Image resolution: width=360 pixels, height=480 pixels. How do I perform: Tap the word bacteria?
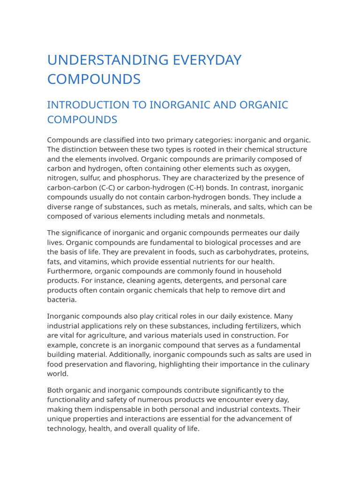pyautogui.click(x=61, y=300)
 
